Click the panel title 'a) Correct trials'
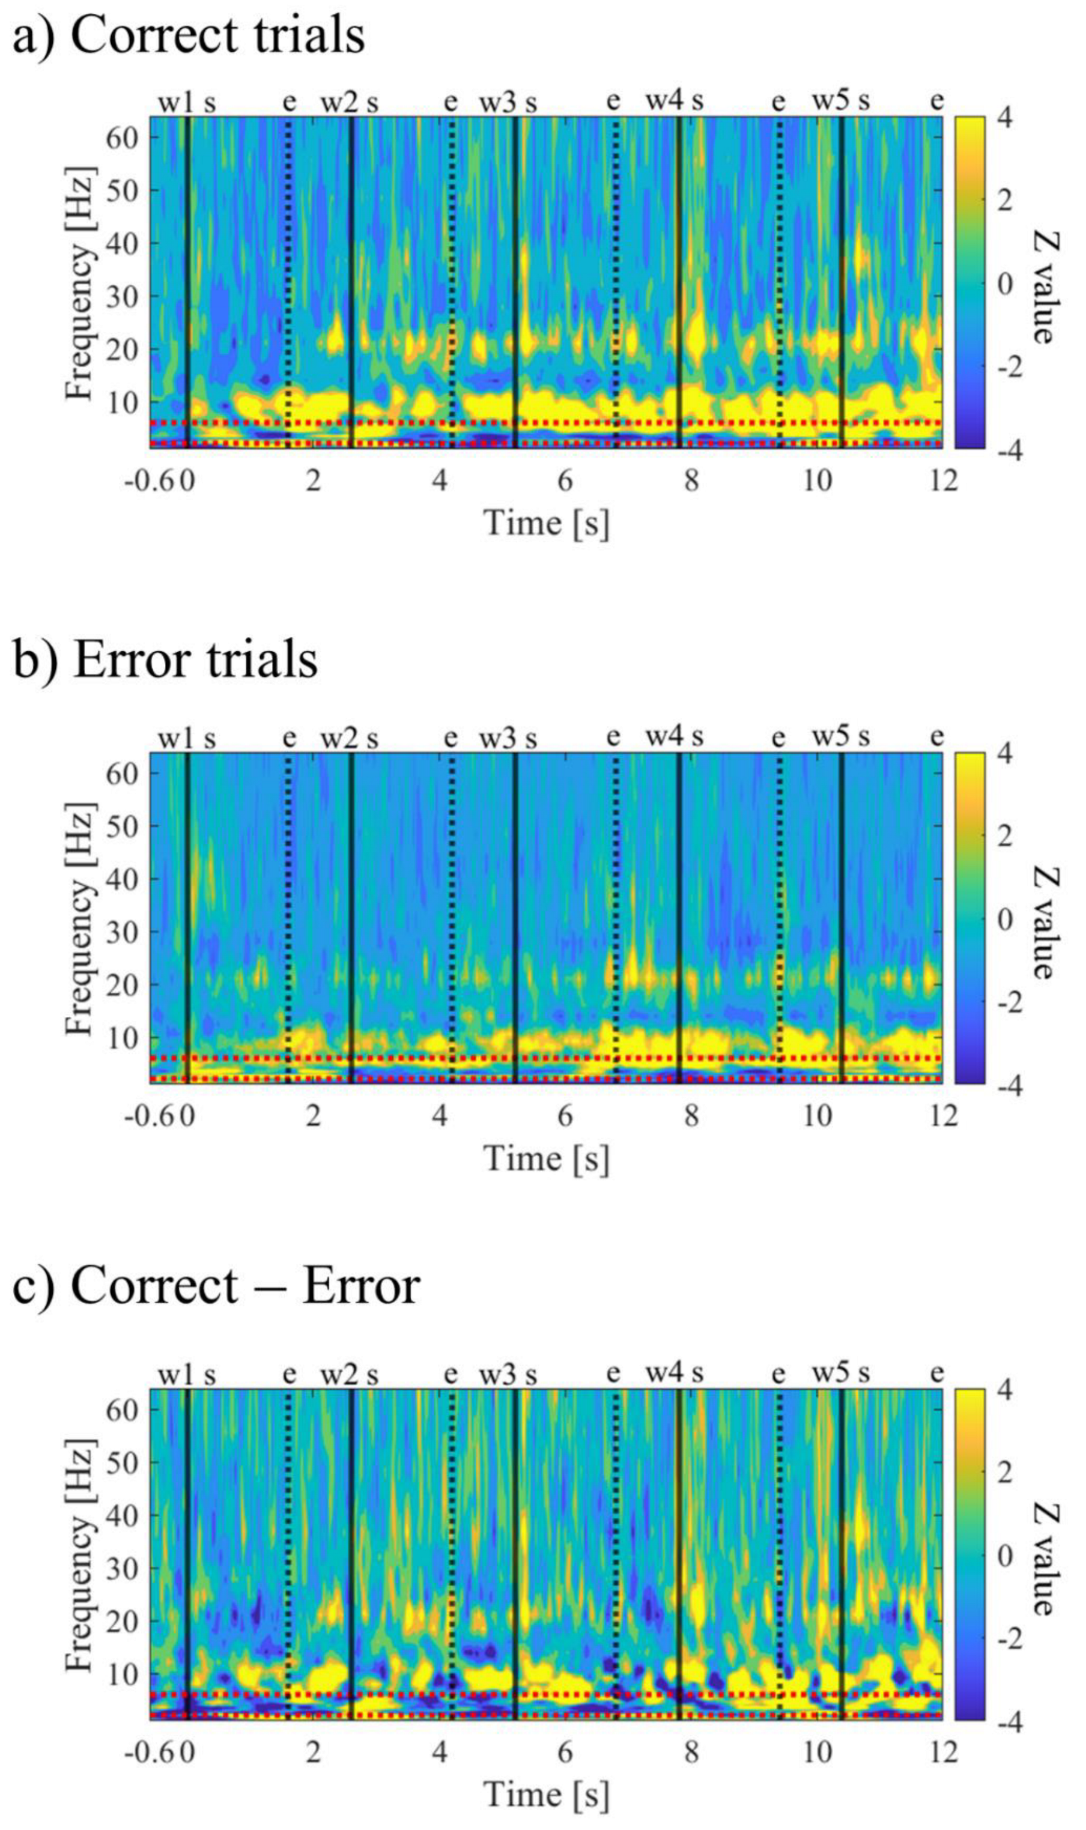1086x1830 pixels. pyautogui.click(x=189, y=35)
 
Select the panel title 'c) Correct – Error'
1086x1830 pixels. pyautogui.click(x=217, y=1285)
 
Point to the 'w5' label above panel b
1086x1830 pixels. pyautogui.click(x=830, y=737)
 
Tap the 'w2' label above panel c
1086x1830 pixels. pyautogui.click(x=338, y=1374)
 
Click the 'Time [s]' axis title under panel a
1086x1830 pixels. pyautogui.click(x=546, y=523)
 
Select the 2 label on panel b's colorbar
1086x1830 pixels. pyautogui.click(x=1006, y=835)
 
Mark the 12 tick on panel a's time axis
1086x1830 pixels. pyautogui.click(x=943, y=480)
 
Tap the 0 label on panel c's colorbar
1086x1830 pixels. pyautogui.click(x=1006, y=1554)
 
